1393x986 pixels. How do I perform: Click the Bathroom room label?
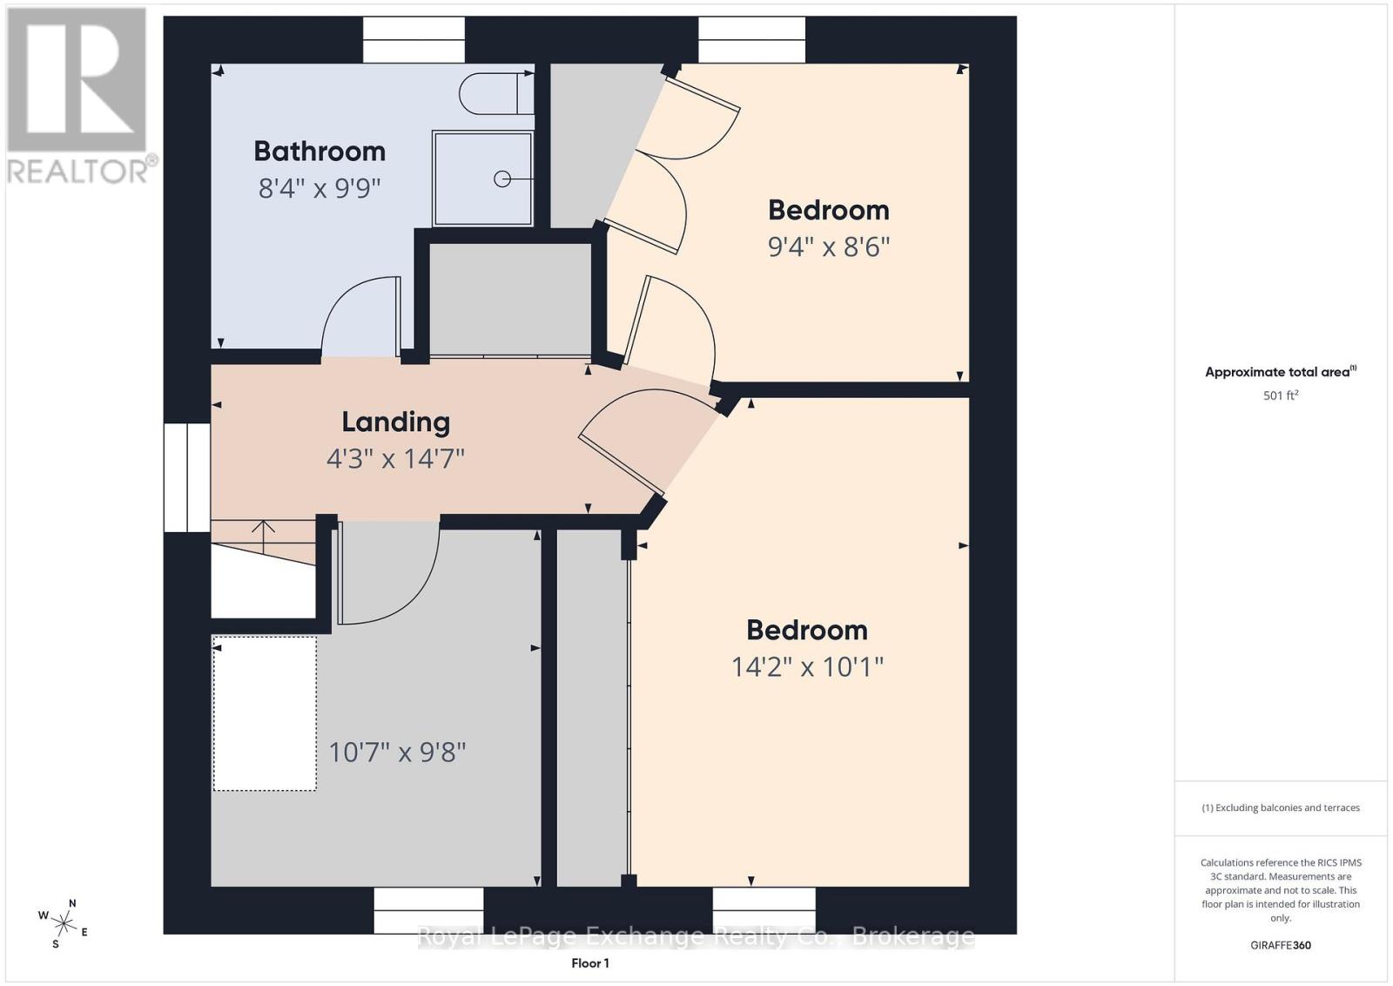(x=320, y=152)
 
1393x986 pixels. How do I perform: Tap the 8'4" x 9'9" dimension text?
(x=319, y=188)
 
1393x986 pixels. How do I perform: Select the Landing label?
(x=395, y=422)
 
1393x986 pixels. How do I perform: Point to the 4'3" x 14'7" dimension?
(x=395, y=459)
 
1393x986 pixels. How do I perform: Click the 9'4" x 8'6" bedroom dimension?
(x=828, y=247)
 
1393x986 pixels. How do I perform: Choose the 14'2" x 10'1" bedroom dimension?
(x=807, y=667)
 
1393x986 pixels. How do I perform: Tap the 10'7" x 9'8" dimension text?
(x=397, y=752)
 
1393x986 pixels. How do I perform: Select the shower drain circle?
(x=501, y=179)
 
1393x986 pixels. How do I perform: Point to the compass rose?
(x=64, y=924)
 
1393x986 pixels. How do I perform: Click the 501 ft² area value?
(x=1281, y=395)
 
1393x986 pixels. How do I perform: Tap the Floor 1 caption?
(x=590, y=963)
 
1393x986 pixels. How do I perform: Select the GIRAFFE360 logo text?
(x=1281, y=945)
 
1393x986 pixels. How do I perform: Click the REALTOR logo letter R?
(x=77, y=79)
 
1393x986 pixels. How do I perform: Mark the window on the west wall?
(x=186, y=478)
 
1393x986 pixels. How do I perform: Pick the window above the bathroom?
(x=414, y=40)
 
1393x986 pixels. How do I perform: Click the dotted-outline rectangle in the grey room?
(x=265, y=713)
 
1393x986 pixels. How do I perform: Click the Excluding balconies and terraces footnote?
(x=1281, y=807)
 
